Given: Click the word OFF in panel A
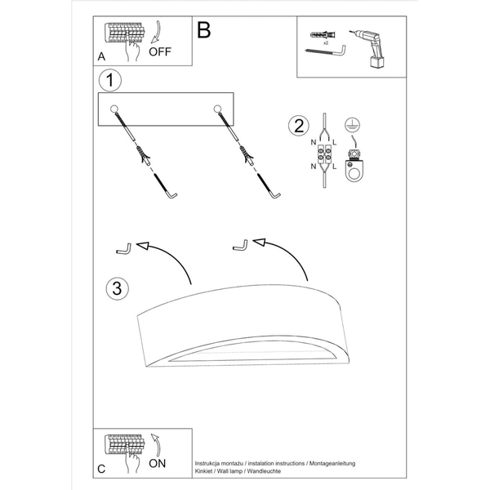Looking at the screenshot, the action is (x=160, y=51).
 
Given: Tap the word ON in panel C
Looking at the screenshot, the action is (x=157, y=463).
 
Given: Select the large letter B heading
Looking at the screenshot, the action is (x=203, y=30).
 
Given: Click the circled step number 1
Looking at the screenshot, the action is (x=110, y=80).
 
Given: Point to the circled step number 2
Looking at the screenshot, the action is (x=299, y=126).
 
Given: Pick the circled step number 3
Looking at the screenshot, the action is (x=117, y=288).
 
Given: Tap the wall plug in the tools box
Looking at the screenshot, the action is (x=323, y=34).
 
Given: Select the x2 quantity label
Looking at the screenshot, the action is (x=326, y=42).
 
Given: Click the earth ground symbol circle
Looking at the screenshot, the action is (x=352, y=125).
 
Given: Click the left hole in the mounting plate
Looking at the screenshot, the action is (x=114, y=109).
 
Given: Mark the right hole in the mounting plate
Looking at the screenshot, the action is (x=217, y=109).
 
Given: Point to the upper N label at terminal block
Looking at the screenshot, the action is (x=314, y=142).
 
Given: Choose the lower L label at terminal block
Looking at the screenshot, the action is (x=334, y=167).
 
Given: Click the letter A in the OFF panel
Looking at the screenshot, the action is (x=101, y=56).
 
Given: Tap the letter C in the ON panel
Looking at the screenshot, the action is (x=101, y=469).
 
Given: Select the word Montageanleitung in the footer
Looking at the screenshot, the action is (x=332, y=464).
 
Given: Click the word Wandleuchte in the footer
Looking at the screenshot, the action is (x=264, y=471).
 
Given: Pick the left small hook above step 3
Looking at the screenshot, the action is (x=124, y=249).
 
